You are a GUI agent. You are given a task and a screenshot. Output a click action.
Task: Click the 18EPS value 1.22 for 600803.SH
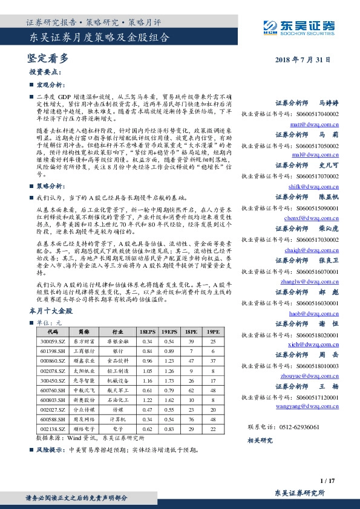click(146, 399)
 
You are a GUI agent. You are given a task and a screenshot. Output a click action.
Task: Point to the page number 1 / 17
click(328, 481)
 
